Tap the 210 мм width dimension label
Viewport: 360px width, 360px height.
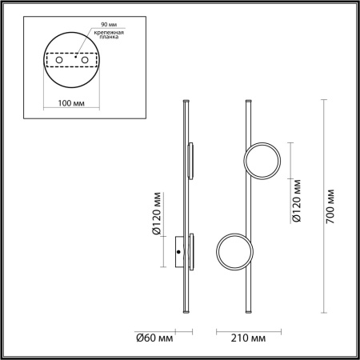[247, 339]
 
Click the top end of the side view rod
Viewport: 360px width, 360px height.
[186, 102]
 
